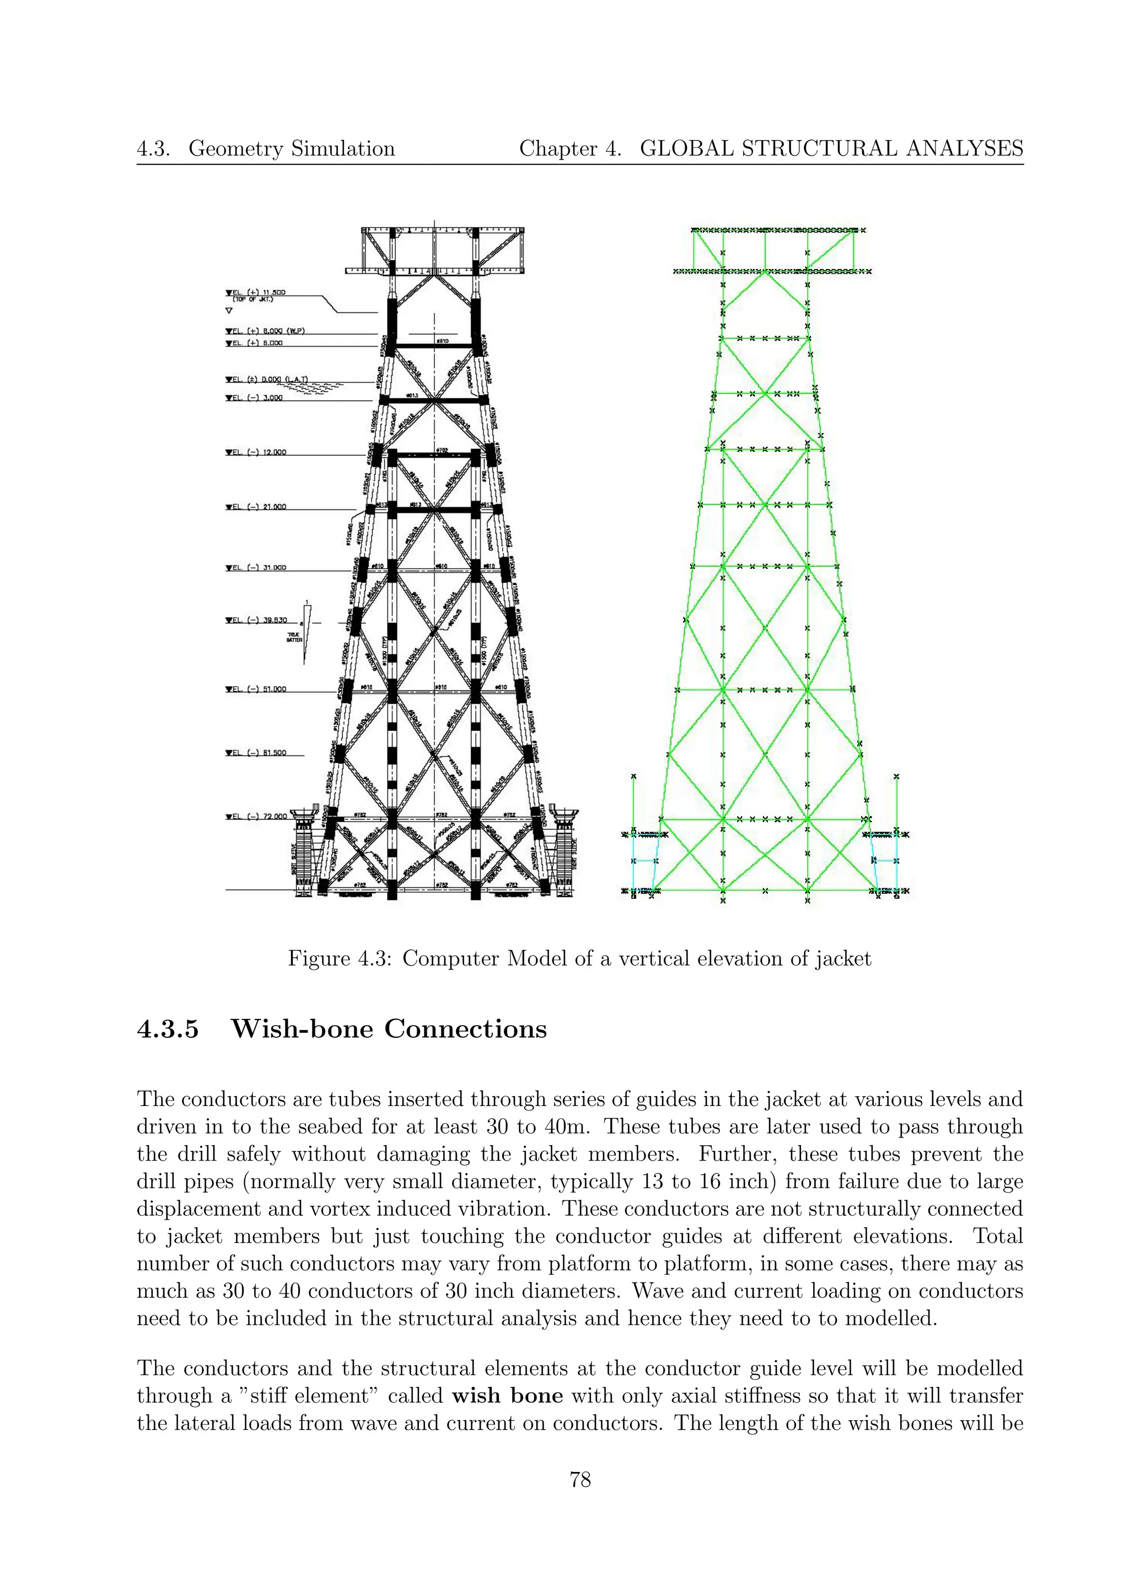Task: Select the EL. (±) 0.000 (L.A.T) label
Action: tap(266, 380)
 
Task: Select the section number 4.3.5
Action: tap(168, 1029)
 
